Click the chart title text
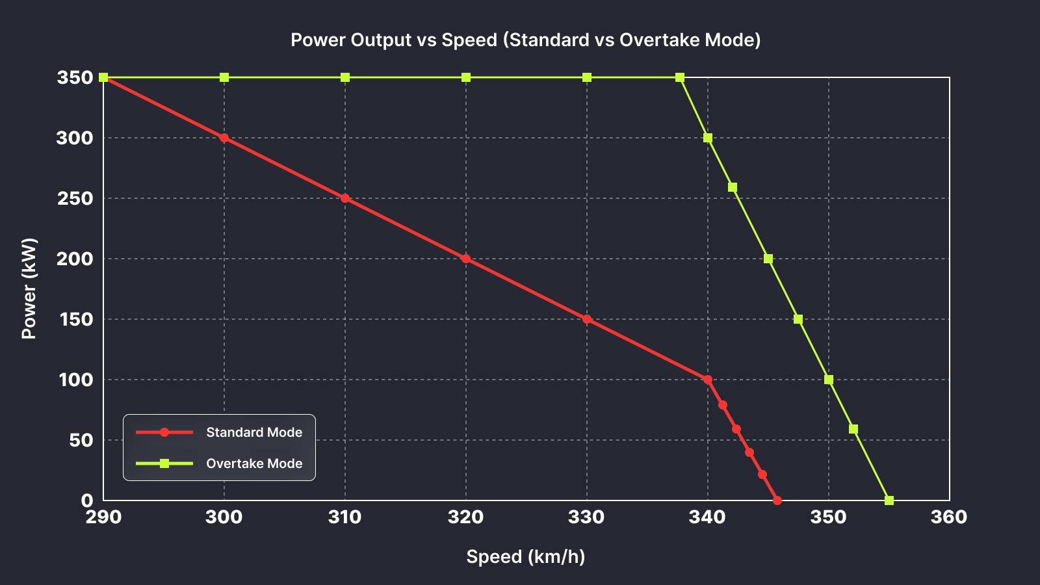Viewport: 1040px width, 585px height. tap(525, 40)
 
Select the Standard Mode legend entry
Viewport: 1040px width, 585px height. tap(253, 432)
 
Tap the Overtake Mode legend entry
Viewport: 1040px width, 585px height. tap(253, 463)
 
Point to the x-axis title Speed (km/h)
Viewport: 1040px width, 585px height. tap(525, 557)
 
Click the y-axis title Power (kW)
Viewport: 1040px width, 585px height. tap(29, 289)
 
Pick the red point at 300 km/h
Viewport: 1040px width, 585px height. tap(224, 138)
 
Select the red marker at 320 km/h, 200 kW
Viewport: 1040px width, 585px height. tap(466, 259)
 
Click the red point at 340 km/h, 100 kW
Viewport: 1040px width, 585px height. tap(708, 380)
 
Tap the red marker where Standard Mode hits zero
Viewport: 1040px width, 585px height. tap(777, 500)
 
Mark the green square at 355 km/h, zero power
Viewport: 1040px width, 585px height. tap(889, 500)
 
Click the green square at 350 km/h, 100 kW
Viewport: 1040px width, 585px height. tap(829, 380)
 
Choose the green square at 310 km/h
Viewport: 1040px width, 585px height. tap(345, 77)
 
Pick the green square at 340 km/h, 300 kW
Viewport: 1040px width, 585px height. tap(708, 138)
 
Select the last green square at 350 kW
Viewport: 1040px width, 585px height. tap(680, 77)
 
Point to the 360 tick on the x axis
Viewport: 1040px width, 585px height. tap(949, 517)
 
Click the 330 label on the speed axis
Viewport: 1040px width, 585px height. tap(586, 517)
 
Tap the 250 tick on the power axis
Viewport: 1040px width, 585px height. tap(75, 198)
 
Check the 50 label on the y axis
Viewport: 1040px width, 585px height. tap(81, 440)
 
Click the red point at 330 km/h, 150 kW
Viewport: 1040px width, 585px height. tap(587, 319)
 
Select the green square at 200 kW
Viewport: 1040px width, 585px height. tap(768, 259)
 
